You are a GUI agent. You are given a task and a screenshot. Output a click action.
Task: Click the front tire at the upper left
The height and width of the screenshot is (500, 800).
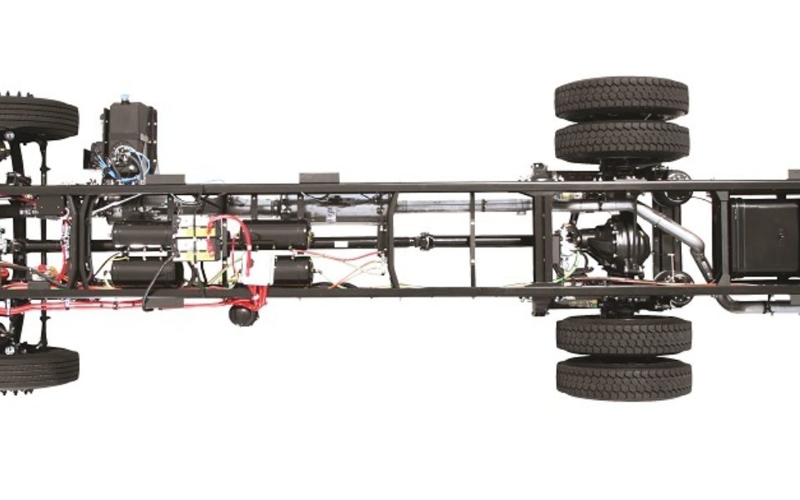(37, 117)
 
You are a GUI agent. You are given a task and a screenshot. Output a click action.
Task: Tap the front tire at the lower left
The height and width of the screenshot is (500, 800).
(37, 367)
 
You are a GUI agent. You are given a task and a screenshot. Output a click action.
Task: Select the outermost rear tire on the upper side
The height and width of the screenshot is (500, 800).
(622, 98)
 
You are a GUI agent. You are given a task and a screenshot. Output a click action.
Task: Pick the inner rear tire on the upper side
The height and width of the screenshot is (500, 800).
(622, 142)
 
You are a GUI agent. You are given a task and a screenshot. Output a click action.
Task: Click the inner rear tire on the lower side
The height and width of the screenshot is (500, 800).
(623, 335)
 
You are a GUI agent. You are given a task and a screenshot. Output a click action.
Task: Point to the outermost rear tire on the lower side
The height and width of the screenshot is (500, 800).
(623, 377)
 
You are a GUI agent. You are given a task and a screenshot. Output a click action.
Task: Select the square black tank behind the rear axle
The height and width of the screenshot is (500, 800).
(763, 238)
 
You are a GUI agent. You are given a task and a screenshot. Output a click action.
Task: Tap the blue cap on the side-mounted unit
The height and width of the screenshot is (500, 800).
(124, 98)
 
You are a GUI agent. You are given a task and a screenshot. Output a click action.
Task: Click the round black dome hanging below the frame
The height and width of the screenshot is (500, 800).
(242, 314)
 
